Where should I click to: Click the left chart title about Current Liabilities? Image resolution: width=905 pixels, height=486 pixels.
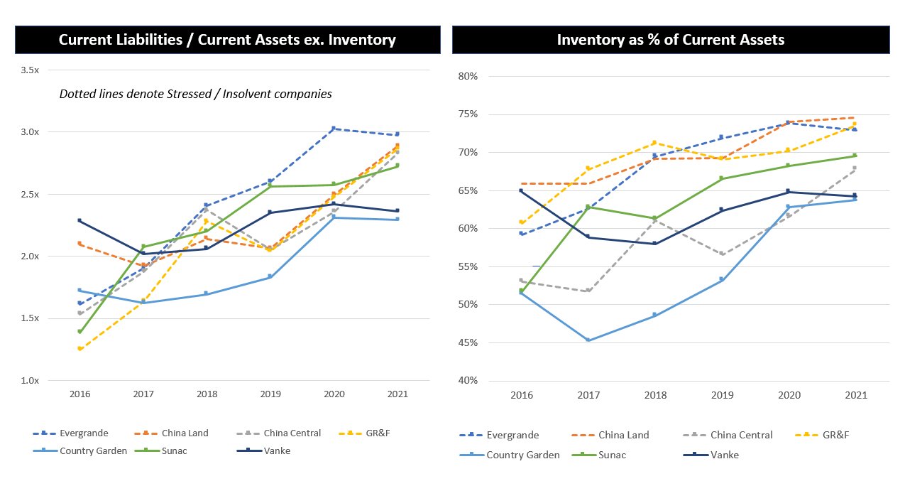227,40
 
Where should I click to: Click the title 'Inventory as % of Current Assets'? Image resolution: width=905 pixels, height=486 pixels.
670,40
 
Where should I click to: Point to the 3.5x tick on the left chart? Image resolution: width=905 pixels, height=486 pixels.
31,70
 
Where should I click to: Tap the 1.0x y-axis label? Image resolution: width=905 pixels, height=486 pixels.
31,380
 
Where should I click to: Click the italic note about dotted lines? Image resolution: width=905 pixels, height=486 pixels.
196,94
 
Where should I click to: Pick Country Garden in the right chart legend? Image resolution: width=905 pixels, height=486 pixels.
522,455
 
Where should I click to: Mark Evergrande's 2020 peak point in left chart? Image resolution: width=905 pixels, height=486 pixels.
333,129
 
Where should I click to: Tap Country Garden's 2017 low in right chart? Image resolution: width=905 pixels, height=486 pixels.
588,340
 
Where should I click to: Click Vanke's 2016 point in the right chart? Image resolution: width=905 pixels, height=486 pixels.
522,190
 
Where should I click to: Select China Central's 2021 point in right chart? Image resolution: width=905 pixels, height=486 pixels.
854,168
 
